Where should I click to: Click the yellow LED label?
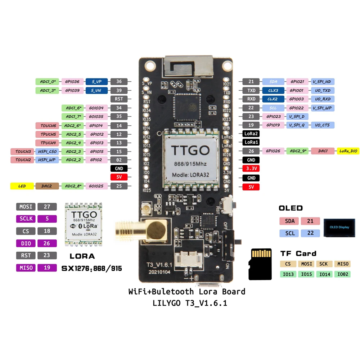(x=22, y=186)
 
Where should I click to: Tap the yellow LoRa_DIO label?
(x=348, y=151)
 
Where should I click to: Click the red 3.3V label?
(x=251, y=169)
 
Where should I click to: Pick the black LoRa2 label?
(x=251, y=134)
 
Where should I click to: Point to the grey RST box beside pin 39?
(x=119, y=99)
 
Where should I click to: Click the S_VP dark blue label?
(x=96, y=82)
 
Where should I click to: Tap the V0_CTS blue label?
(x=323, y=125)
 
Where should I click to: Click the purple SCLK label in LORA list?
(x=26, y=219)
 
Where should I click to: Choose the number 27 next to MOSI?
(x=47, y=207)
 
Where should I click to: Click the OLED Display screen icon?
(x=339, y=227)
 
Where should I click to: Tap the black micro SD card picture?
(x=260, y=264)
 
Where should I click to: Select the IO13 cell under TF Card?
(x=288, y=274)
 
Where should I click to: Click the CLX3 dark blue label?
(x=273, y=91)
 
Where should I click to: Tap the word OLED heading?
(x=291, y=208)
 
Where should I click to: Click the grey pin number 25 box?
(x=119, y=186)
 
